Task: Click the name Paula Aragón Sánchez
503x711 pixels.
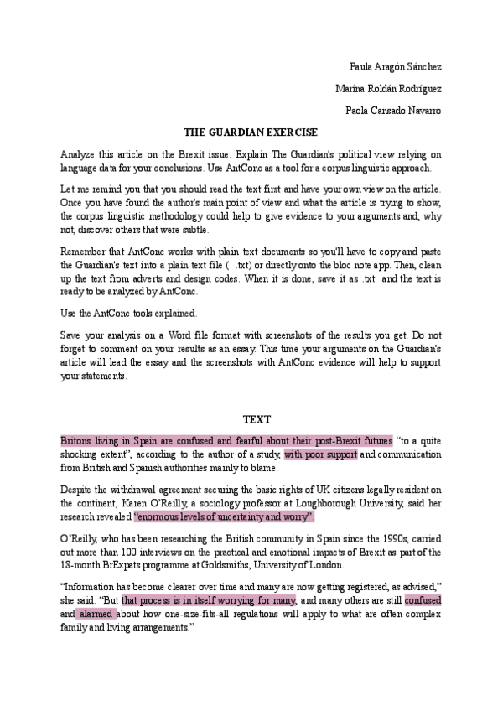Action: pyautogui.click(x=395, y=67)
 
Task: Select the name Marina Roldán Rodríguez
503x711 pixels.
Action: pyautogui.click(x=388, y=89)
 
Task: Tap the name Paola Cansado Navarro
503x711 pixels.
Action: pyautogui.click(x=393, y=111)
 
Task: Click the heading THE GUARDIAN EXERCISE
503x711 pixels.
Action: pyautogui.click(x=251, y=132)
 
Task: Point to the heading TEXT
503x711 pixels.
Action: pyautogui.click(x=251, y=419)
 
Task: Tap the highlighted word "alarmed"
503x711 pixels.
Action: pyautogui.click(x=96, y=614)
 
